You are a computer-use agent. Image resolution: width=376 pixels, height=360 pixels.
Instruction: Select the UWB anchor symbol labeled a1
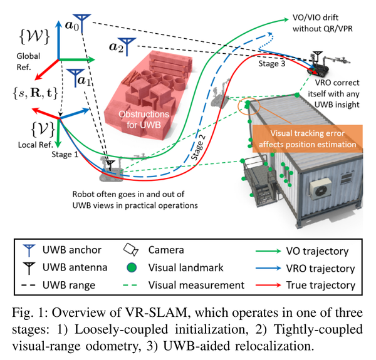76,76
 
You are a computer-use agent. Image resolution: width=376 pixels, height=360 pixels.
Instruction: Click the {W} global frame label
34,36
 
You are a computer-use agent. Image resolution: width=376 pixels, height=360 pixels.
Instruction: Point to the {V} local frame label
43,129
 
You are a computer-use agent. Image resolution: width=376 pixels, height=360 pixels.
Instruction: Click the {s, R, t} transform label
35,93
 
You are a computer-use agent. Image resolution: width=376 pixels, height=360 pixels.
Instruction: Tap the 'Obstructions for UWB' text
144,120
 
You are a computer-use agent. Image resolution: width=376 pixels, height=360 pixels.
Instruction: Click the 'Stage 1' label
65,155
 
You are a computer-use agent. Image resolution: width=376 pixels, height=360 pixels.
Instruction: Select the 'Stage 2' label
198,147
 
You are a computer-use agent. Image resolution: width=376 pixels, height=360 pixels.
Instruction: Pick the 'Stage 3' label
272,64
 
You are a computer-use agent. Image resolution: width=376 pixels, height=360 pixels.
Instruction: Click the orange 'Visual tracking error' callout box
307,139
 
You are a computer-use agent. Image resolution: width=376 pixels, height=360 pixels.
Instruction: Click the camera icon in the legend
131,250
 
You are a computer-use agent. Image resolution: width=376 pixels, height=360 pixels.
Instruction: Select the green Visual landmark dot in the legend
132,267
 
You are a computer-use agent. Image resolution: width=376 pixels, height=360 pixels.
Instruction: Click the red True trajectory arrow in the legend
268,285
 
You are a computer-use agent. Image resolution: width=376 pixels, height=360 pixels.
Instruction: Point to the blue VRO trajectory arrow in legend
268,268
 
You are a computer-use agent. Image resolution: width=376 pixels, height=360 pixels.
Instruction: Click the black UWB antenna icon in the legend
29,268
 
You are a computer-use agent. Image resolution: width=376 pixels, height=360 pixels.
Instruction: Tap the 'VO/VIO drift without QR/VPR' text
322,23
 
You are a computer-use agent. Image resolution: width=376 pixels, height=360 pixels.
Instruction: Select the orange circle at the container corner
249,106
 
